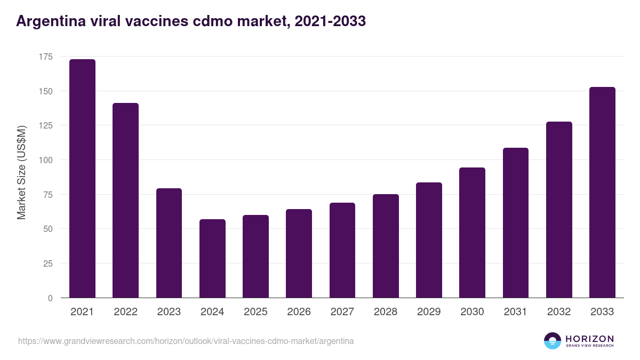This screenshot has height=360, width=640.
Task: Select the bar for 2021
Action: click(82, 179)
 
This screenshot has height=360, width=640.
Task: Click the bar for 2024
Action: click(212, 259)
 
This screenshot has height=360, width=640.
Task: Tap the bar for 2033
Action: click(602, 193)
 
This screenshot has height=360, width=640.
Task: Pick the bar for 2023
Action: click(169, 243)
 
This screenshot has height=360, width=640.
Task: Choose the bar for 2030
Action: click(472, 233)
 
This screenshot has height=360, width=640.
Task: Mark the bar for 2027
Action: click(342, 250)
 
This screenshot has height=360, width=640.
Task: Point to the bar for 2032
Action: click(559, 210)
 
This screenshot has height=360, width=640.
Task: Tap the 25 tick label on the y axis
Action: click(48, 263)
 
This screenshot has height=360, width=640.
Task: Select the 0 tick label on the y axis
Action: click(50, 298)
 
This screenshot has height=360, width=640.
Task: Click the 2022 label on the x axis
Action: click(125, 312)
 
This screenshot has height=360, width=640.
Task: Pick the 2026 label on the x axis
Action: click(299, 312)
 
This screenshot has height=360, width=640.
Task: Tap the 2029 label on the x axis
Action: click(429, 312)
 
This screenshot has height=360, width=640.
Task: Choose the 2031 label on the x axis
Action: click(516, 312)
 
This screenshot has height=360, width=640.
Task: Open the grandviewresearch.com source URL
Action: click(186, 341)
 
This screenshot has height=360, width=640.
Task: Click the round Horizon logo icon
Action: click(553, 341)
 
